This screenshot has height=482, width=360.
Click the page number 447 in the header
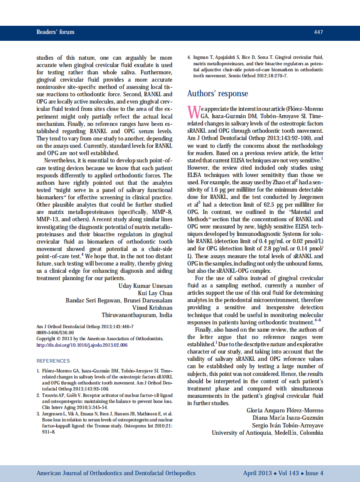(x=318, y=32)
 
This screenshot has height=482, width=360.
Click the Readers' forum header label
(x=55, y=32)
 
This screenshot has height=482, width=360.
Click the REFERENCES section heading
(x=53, y=361)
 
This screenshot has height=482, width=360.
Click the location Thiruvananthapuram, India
(x=137, y=315)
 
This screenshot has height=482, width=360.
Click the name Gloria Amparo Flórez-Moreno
(x=285, y=411)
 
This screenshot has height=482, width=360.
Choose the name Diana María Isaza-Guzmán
(x=291, y=418)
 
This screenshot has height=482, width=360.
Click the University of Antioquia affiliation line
(x=267, y=433)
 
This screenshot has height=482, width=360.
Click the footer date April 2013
(x=257, y=473)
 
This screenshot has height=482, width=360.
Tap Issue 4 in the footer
(x=314, y=473)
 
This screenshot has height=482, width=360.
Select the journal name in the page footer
(x=116, y=473)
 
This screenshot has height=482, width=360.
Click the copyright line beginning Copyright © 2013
(x=100, y=339)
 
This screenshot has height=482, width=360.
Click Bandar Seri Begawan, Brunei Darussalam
(x=119, y=301)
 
